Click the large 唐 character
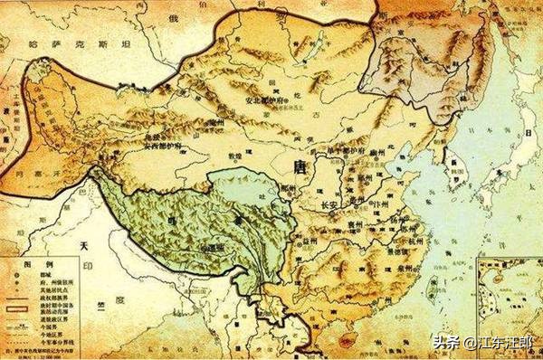[x=301, y=166]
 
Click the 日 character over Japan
[x=523, y=136]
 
